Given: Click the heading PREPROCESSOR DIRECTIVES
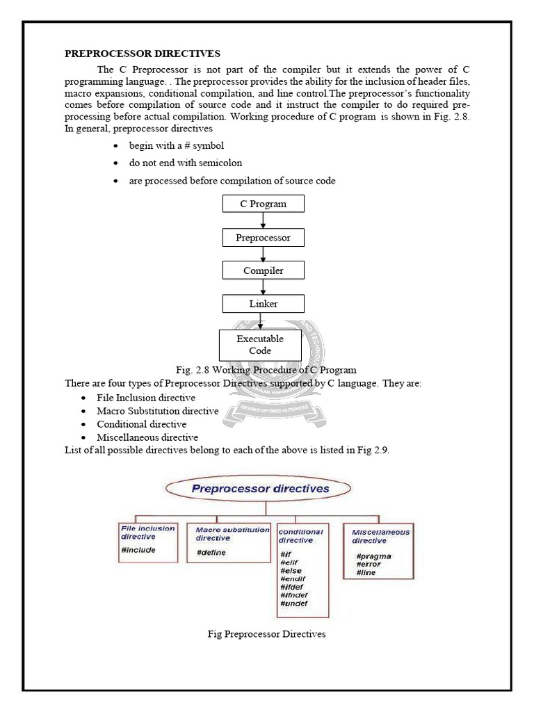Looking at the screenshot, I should coord(143,54).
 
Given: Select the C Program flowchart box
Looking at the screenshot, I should coord(263,204).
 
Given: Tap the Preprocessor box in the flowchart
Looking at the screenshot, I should coord(263,237).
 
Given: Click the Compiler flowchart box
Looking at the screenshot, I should coord(263,270).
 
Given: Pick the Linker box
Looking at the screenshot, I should coord(263,304).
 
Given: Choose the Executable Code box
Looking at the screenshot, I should coord(260,345).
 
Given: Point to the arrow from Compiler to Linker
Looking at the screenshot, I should coord(263,287).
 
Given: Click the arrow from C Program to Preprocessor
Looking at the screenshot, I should coord(263,220).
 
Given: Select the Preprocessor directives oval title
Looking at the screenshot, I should coord(260,489).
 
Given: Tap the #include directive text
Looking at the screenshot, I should coord(138,550).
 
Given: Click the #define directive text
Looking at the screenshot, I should coord(211,553).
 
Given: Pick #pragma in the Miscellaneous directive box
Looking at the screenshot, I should coord(373,556).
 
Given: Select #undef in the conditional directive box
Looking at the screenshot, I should coord(293,604).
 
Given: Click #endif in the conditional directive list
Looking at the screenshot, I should coord(293,578).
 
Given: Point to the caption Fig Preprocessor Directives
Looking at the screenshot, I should coord(267,634).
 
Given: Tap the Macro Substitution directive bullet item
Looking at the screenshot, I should coord(157,411).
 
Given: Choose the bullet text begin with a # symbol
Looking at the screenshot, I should coord(177,146).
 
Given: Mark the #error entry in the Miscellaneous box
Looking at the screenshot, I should coord(369,565).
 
